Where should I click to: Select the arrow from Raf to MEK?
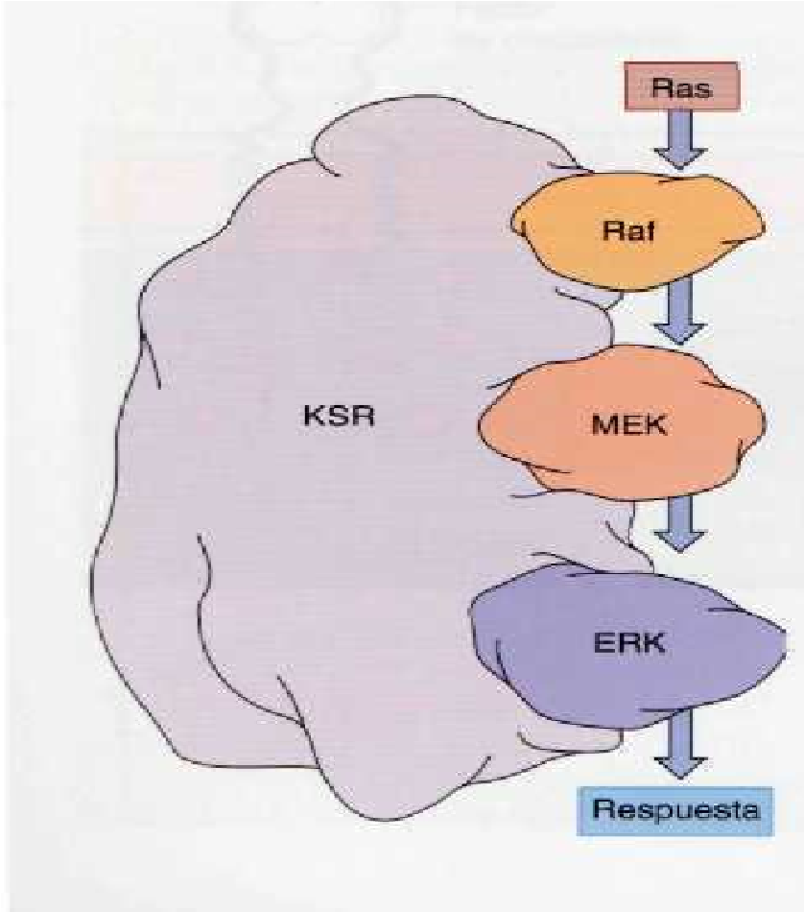[x=679, y=312]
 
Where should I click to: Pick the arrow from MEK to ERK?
[x=679, y=523]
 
